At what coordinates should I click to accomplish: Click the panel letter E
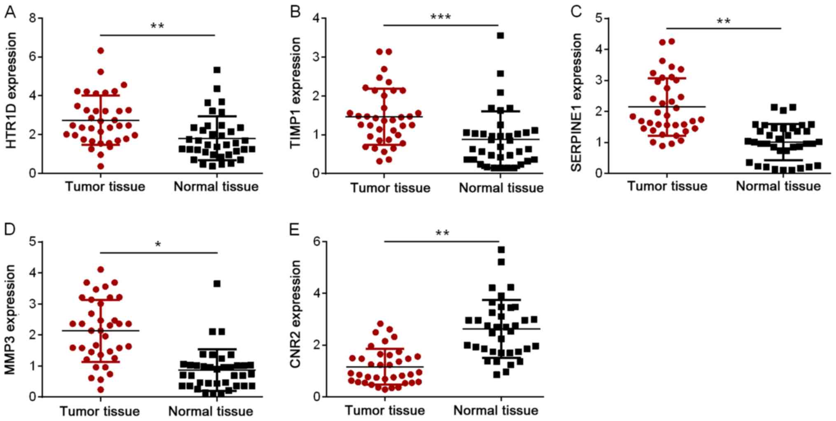point(294,229)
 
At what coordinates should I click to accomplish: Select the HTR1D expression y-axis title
point(12,91)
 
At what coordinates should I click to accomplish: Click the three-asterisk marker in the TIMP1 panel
point(440,17)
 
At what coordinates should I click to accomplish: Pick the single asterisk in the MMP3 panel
point(158,245)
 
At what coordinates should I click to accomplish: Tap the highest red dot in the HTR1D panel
point(100,51)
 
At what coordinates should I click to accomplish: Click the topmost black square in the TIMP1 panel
point(501,36)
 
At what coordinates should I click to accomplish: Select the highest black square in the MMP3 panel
point(217,284)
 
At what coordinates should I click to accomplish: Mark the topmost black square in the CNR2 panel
point(501,250)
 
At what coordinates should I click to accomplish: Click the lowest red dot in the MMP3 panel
point(100,389)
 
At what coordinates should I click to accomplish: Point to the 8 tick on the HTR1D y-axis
point(33,18)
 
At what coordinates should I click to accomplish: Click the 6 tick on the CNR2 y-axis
point(317,242)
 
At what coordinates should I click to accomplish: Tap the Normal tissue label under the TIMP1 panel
point(501,188)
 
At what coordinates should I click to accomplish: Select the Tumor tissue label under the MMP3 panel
point(100,411)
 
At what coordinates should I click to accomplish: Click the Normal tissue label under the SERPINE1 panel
point(778,186)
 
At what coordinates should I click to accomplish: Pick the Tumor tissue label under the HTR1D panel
point(105,187)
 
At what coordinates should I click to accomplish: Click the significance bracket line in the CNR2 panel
point(441,242)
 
